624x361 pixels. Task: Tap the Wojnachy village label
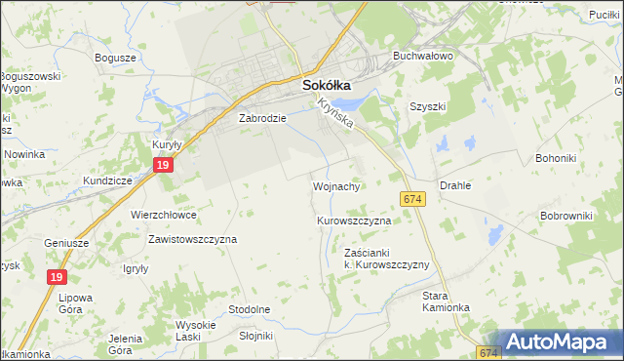point(337,185)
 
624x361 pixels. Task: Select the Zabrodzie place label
point(261,118)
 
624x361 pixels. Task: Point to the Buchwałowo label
point(423,57)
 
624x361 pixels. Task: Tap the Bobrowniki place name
point(566,215)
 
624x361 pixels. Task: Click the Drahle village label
point(455,184)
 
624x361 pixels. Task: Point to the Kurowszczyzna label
point(354,221)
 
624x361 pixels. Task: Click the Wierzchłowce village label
point(164,215)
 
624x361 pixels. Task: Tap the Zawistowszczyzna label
point(192,238)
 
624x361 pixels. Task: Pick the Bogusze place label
point(115,58)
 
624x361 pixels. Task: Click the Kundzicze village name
point(107,181)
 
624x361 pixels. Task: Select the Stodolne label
point(249,309)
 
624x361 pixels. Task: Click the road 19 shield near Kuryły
point(163,169)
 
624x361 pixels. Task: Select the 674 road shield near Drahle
point(412,199)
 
